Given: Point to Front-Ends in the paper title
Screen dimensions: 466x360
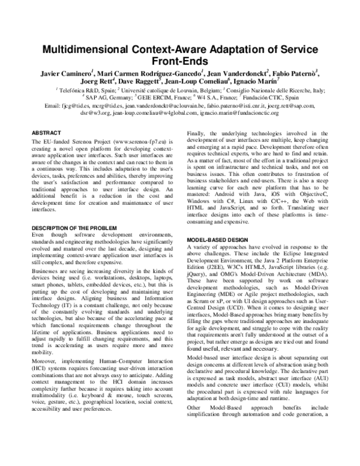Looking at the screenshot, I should pos(180,61).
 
